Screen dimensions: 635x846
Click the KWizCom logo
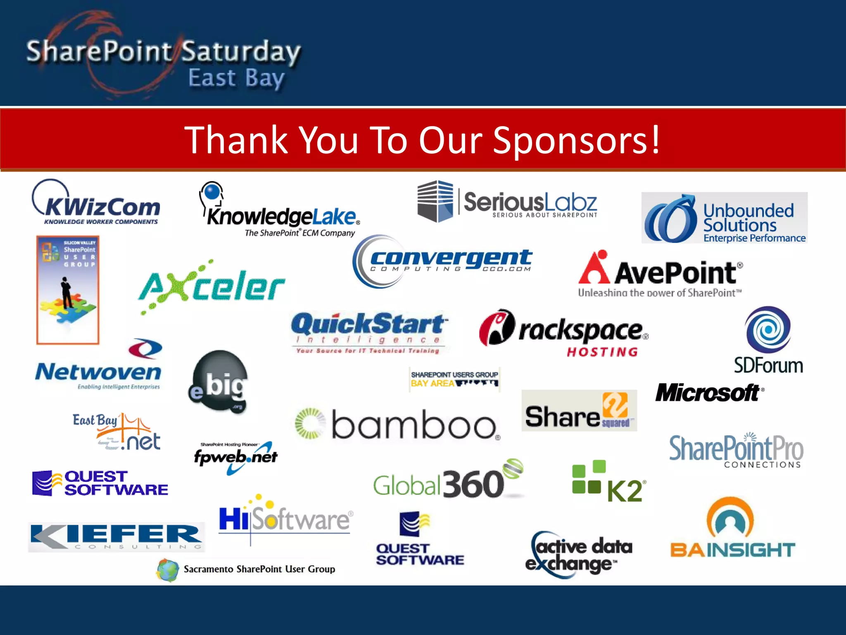[x=96, y=203]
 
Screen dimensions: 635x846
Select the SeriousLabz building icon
[x=435, y=201]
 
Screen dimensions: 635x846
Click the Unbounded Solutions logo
[x=724, y=218]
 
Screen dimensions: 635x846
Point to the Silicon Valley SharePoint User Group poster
[x=68, y=290]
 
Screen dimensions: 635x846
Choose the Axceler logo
[x=211, y=287]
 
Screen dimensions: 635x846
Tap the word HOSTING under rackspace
[x=602, y=352]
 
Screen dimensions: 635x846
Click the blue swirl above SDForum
[x=768, y=329]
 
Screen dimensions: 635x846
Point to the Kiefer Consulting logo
[x=116, y=537]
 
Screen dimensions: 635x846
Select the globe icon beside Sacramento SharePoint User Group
[x=168, y=570]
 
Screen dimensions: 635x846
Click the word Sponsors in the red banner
[x=576, y=140]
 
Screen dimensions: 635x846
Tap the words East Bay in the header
[x=236, y=78]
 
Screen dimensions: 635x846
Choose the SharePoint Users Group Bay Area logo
[x=454, y=379]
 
